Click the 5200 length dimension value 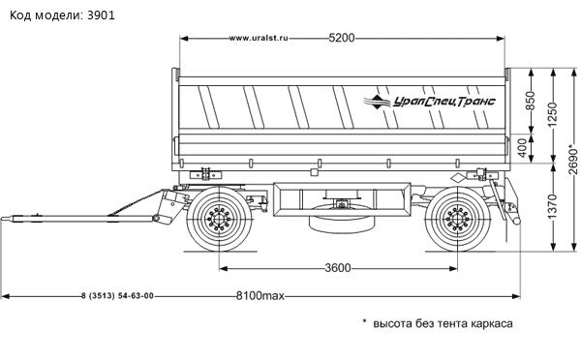pos(342,38)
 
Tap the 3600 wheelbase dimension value pos(338,268)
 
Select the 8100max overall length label pos(260,296)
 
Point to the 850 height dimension pos(532,101)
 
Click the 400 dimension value pos(522,148)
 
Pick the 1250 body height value pos(553,115)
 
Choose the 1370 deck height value pos(553,207)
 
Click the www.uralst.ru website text pos(259,38)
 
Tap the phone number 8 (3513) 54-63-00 pos(117,296)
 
